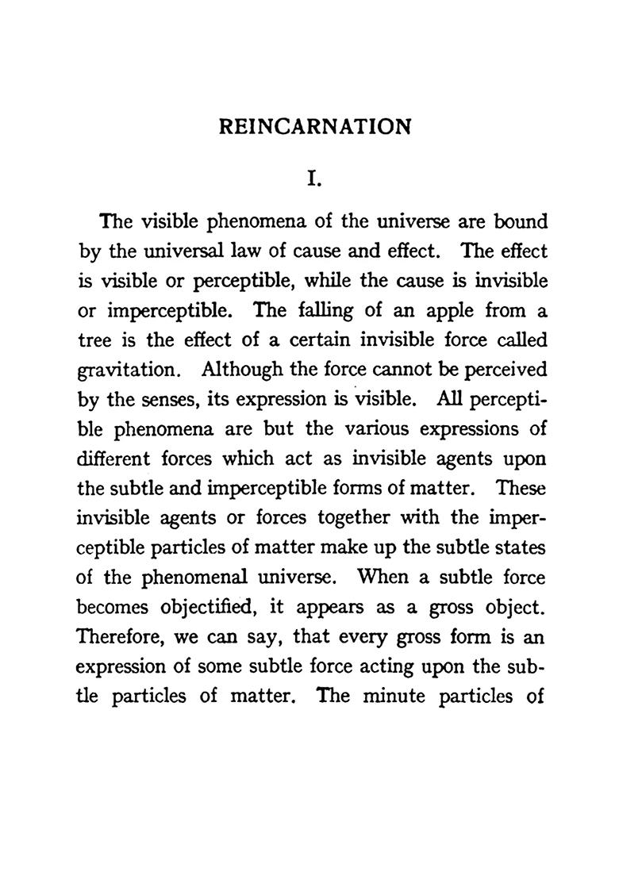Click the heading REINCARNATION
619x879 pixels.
315,127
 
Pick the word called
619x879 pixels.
517,341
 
